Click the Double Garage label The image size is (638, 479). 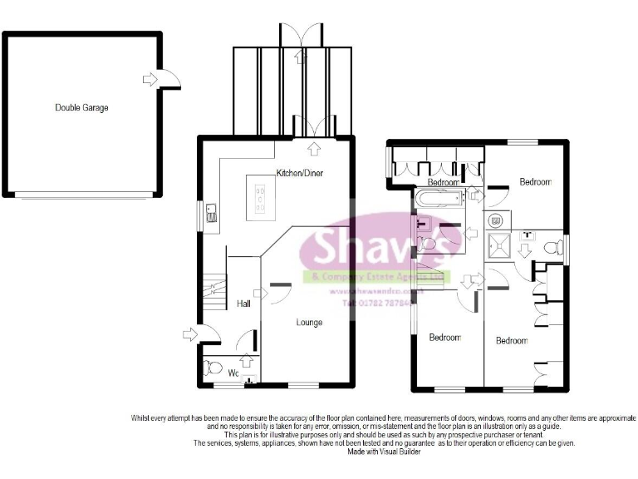click(81, 107)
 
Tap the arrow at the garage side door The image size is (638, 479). click(150, 79)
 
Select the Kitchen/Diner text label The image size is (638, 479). click(299, 173)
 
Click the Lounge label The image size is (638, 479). click(310, 322)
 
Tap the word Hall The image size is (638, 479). click(243, 304)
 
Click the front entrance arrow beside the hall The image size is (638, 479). click(190, 335)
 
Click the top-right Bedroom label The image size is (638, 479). click(535, 180)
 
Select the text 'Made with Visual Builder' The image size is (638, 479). click(385, 452)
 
